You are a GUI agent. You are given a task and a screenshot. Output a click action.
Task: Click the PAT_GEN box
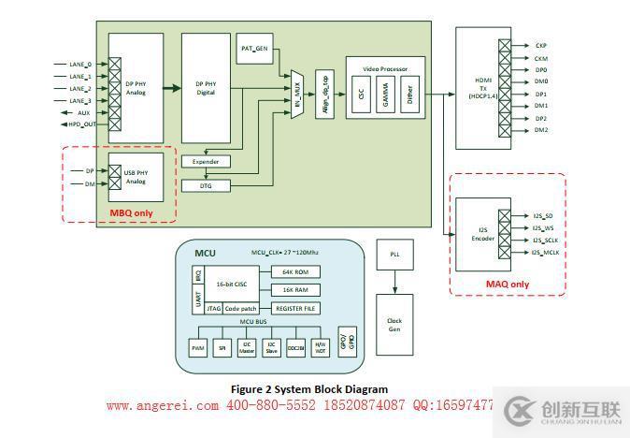[x=253, y=49]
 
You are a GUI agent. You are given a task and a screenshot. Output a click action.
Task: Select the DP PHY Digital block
[x=205, y=89]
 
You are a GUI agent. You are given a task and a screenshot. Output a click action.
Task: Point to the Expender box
[x=205, y=162]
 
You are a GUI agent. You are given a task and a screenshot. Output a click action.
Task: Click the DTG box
[x=205, y=185]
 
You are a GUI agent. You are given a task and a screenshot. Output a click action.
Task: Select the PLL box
[x=394, y=255]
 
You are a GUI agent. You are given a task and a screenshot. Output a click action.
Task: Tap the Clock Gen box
[x=394, y=323]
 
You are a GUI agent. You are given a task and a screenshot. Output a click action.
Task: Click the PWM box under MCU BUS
[x=198, y=347]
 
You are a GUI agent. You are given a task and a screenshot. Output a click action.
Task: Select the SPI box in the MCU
[x=222, y=347]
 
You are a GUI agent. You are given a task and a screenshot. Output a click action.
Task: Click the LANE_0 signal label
[x=80, y=65]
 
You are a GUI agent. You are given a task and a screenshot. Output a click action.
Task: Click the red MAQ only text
[x=507, y=285]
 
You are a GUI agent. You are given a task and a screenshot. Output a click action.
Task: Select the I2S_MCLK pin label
[x=546, y=253]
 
